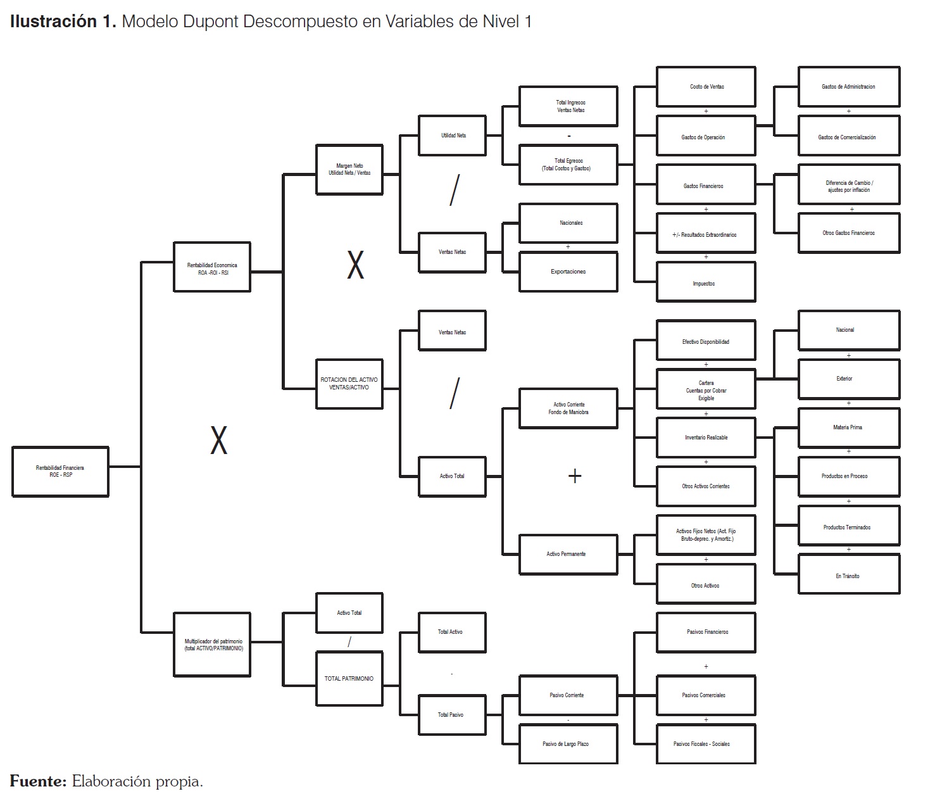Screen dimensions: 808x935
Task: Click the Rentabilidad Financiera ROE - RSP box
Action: pos(60,471)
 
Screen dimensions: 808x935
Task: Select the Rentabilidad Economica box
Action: pos(212,268)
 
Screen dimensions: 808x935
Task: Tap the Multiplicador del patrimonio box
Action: pos(212,645)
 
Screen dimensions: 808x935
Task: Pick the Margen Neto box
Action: pos(349,169)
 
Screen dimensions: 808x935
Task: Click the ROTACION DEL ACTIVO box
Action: pos(349,384)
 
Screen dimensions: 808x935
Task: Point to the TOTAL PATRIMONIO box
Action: pos(349,679)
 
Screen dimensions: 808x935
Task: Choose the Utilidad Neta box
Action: pos(452,136)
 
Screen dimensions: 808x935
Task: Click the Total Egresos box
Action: pos(568,165)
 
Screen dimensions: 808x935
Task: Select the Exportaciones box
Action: pos(568,272)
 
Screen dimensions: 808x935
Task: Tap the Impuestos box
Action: pos(705,283)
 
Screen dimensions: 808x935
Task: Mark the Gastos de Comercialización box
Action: pos(848,137)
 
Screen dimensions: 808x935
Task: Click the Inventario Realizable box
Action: pos(706,438)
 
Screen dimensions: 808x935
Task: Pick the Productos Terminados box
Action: pos(848,527)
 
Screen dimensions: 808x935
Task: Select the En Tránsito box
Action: pos(848,576)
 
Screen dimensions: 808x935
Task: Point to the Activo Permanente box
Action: pos(568,554)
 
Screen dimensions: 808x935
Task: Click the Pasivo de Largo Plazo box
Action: pos(568,744)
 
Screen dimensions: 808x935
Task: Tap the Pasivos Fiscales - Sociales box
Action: pos(705,744)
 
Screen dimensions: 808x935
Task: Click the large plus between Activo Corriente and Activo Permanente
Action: pos(575,476)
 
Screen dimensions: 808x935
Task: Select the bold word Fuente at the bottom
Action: pos(38,781)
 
